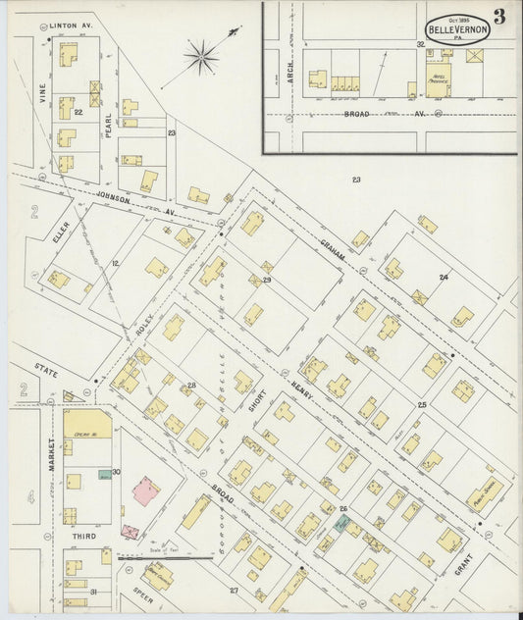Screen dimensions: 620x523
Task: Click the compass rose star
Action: [201, 57]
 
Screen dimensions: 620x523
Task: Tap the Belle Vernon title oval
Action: [457, 29]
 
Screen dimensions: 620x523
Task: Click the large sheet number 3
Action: [499, 16]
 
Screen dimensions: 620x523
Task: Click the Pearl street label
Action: [109, 126]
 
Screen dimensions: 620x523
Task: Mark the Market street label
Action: [52, 457]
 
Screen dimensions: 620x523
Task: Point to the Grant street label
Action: [463, 564]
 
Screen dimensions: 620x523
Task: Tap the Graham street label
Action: [332, 252]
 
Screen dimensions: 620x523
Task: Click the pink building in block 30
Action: [145, 491]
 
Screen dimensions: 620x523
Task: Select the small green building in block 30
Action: [104, 477]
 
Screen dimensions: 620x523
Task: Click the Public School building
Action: [484, 494]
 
